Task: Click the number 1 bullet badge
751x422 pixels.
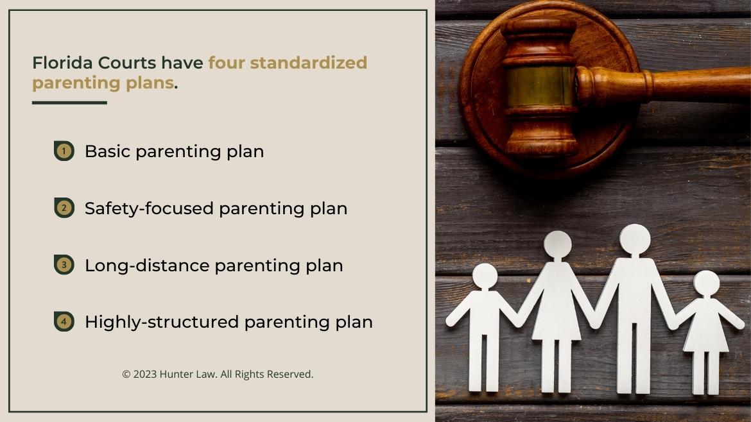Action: tap(64, 151)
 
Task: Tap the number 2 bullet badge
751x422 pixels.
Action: tap(64, 208)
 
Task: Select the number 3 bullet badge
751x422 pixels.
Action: tap(64, 265)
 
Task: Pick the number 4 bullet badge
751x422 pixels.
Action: tap(64, 321)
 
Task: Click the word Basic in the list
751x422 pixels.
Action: tap(107, 151)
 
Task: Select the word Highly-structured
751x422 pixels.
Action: tap(162, 321)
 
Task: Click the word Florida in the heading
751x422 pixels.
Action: tap(62, 63)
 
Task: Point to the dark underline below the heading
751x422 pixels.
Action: tap(69, 103)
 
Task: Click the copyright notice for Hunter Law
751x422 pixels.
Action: tap(218, 374)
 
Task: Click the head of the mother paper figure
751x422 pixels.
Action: tap(557, 244)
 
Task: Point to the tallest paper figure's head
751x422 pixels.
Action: tap(635, 239)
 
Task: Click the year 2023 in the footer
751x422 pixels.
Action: tap(144, 374)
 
